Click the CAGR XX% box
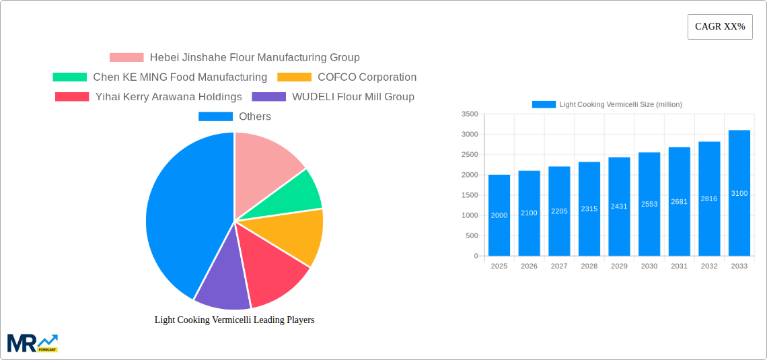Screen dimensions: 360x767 click(720, 27)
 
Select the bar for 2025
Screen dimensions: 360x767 click(499, 215)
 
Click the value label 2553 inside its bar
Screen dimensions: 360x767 click(649, 204)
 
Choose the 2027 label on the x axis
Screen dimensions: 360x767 click(559, 266)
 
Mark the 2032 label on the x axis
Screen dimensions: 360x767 click(709, 266)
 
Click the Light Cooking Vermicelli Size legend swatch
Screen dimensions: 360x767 click(544, 104)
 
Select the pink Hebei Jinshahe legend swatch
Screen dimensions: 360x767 click(126, 58)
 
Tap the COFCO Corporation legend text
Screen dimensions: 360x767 click(367, 77)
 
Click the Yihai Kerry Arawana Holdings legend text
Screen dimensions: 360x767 click(168, 97)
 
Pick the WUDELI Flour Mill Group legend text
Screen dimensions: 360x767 click(353, 97)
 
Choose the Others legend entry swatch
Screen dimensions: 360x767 click(215, 116)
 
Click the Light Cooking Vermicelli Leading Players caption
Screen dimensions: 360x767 click(234, 320)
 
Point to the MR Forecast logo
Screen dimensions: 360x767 click(32, 343)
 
